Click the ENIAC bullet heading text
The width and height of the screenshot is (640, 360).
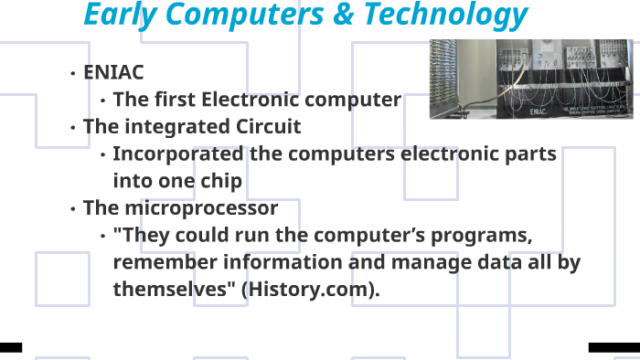click(x=113, y=72)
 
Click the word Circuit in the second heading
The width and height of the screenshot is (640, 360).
click(x=266, y=126)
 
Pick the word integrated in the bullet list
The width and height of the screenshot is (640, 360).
click(x=175, y=126)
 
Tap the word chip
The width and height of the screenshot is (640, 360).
click(x=220, y=181)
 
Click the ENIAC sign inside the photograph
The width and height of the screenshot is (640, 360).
click(x=539, y=111)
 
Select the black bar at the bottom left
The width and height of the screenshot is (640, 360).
click(x=10, y=347)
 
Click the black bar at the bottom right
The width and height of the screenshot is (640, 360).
click(x=613, y=347)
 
